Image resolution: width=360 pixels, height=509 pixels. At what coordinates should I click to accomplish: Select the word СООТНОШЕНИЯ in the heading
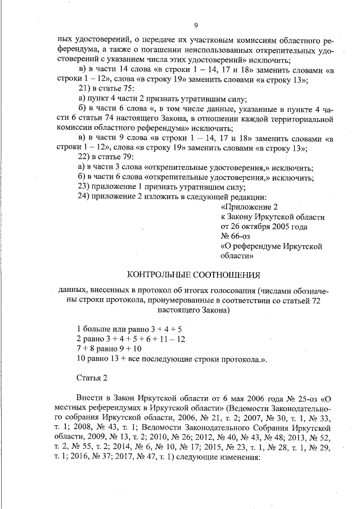click(x=228, y=275)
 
